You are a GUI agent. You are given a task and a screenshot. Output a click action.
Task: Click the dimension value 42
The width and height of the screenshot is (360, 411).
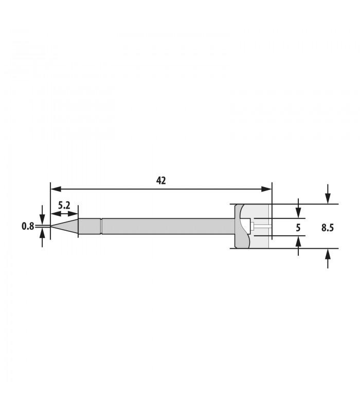coord(161,180)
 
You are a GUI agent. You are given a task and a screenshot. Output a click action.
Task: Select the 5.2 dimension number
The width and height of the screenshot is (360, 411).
coord(64,204)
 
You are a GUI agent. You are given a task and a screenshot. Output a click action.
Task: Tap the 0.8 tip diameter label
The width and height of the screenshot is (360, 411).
coord(28,226)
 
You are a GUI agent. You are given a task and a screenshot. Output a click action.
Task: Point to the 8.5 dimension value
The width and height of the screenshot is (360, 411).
coord(328,227)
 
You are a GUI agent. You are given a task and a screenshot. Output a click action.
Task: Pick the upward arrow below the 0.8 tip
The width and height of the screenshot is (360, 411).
coord(42,234)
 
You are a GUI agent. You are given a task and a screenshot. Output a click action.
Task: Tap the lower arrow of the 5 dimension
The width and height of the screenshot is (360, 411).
coord(299,241)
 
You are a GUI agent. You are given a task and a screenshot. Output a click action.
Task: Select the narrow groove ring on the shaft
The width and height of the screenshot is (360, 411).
coord(102,226)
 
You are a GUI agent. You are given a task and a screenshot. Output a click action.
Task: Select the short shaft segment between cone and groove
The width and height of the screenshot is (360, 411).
coord(89,226)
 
